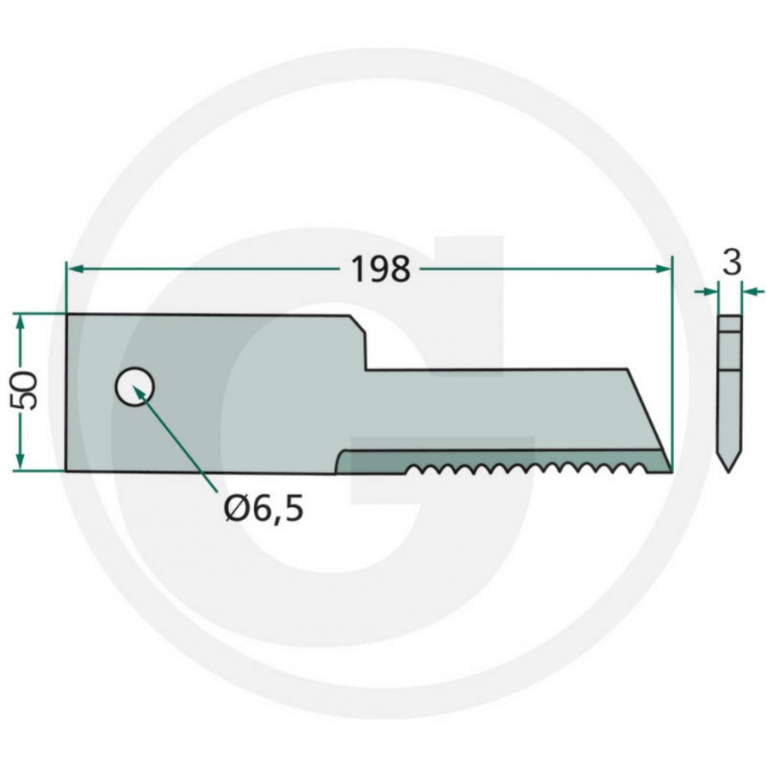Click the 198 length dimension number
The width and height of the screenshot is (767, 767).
point(381,269)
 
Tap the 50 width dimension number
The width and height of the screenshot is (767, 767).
point(28,391)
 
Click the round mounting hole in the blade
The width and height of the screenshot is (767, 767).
point(135,388)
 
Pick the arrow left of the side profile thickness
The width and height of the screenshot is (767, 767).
point(710,292)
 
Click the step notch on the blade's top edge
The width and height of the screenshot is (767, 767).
point(365,349)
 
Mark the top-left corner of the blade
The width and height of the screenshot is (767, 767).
point(66,314)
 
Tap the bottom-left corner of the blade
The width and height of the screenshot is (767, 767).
point(66,470)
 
